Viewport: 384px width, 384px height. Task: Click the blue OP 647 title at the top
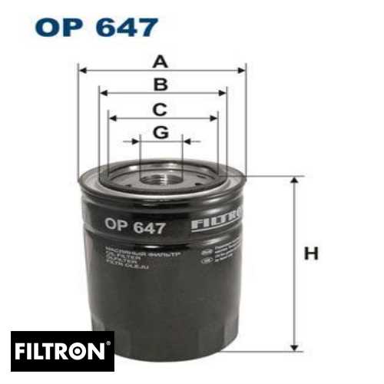(97, 28)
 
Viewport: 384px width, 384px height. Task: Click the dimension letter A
(160, 60)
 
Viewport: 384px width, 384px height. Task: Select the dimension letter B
(160, 84)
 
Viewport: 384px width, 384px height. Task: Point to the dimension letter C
(160, 108)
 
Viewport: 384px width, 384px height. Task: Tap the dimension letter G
(160, 132)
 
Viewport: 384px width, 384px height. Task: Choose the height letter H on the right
(311, 253)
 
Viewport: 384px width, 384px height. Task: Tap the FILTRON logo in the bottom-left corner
(62, 352)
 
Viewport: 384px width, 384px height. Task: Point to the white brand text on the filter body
(217, 220)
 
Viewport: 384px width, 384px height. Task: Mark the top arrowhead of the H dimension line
(293, 180)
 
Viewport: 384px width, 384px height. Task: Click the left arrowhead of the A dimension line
(81, 70)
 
